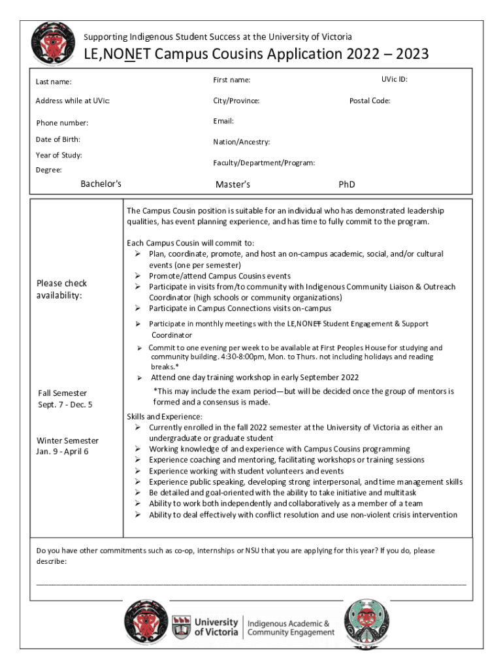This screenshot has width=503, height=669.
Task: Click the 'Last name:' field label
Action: [54, 82]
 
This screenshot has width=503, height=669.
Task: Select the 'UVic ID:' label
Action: [395, 80]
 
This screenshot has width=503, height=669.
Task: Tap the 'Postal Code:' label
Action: [370, 101]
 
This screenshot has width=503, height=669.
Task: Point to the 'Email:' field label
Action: [223, 121]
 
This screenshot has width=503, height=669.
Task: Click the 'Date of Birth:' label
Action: [58, 139]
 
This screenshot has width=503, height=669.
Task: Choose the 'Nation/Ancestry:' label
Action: [241, 142]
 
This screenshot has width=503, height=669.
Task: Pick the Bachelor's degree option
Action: [101, 184]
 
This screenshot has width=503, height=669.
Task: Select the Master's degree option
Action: [233, 184]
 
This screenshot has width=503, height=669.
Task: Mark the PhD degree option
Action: [347, 184]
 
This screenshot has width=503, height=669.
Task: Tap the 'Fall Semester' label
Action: [62, 393]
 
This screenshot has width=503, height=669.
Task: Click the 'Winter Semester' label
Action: [67, 440]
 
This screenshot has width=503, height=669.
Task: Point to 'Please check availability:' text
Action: [61, 289]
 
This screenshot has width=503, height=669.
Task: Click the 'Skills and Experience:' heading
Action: [164, 416]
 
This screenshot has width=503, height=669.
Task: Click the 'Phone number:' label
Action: [62, 123]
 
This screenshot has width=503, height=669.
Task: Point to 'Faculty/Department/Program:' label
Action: [264, 163]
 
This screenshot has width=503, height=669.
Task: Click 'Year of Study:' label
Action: [59, 155]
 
